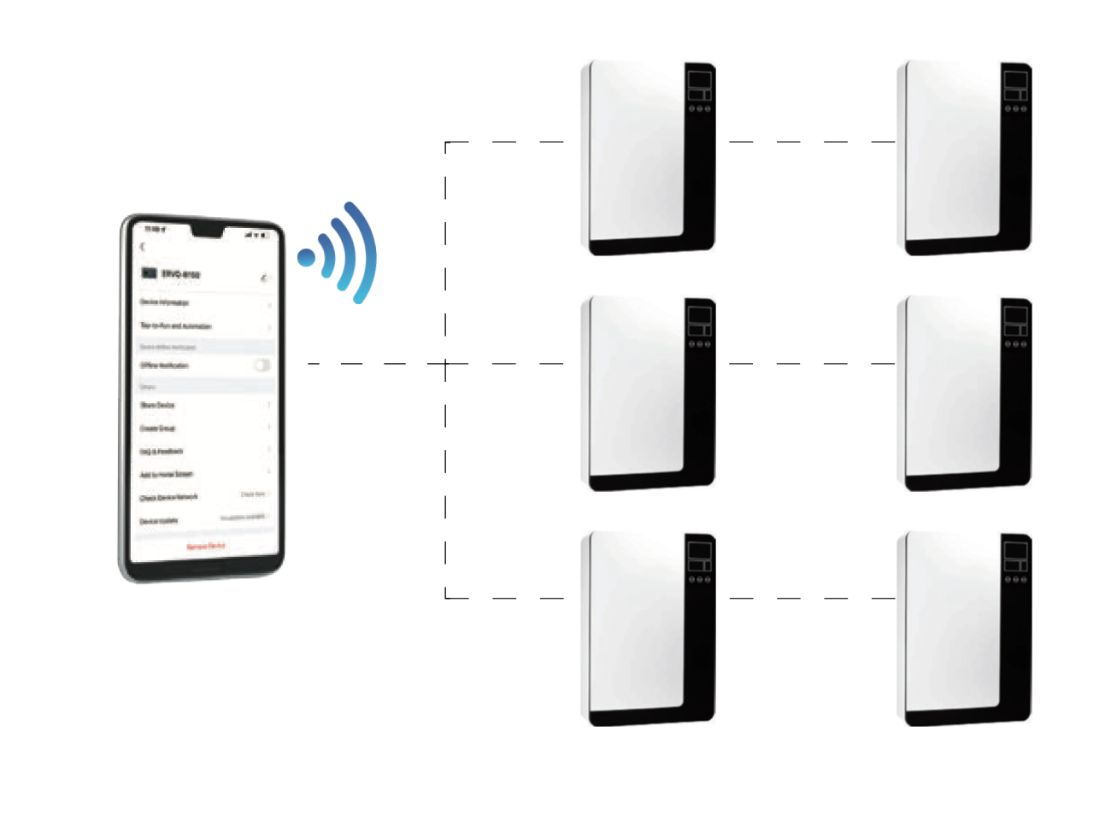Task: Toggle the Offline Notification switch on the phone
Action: [262, 366]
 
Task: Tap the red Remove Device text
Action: [206, 546]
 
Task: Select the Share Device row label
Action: [157, 405]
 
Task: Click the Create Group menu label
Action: [158, 428]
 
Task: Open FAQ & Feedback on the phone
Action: [162, 451]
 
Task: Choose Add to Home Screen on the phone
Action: [167, 474]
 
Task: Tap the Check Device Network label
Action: [169, 497]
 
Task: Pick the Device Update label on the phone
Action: [159, 520]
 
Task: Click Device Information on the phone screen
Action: [164, 302]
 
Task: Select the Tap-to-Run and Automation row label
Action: [175, 325]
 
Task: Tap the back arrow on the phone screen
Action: [143, 247]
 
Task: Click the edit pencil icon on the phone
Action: [264, 278]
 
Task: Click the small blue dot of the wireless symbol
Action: [306, 257]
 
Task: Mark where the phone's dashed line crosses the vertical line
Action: [446, 364]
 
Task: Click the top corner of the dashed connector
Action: [446, 143]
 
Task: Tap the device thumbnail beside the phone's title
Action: [149, 273]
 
